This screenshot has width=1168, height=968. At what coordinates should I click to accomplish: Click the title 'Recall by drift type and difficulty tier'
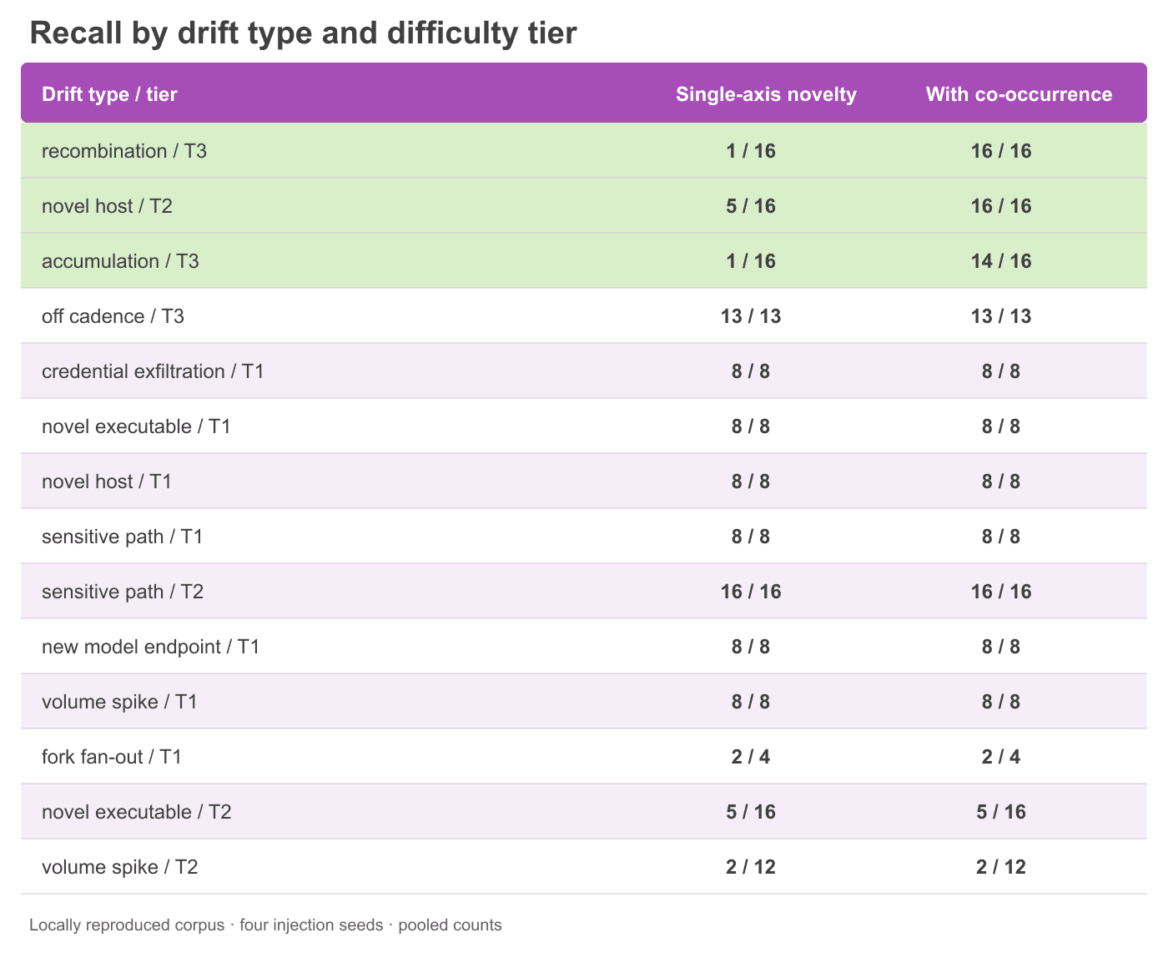point(303,33)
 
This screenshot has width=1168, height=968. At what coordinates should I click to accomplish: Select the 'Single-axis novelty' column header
point(766,94)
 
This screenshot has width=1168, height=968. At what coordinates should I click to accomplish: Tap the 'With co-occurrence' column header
point(1019,94)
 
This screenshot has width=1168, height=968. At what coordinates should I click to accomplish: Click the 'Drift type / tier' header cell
point(109,94)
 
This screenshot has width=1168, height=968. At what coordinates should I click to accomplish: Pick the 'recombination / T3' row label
point(124,151)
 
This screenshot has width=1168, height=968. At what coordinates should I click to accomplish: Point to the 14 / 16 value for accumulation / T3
point(1001,261)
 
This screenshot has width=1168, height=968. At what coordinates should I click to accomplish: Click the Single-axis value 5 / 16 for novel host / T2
point(751,206)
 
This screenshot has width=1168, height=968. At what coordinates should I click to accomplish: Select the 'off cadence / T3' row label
point(113,316)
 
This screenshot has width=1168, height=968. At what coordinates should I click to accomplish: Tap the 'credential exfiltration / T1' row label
point(153,371)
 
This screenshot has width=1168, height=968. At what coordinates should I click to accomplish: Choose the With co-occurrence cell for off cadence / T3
point(1001,316)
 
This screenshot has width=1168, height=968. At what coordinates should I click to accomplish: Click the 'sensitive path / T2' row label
point(123,592)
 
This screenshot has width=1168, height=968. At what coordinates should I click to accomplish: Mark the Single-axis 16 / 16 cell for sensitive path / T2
point(751,592)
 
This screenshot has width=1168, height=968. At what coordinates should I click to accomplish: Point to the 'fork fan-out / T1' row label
point(112,757)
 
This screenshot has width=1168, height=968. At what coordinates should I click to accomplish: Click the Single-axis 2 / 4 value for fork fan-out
point(751,757)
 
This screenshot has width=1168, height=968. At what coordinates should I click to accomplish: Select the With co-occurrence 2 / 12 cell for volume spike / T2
point(1001,867)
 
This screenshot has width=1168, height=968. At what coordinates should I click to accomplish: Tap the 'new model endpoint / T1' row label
point(150,646)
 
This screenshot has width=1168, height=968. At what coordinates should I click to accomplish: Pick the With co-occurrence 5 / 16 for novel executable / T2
point(1001,812)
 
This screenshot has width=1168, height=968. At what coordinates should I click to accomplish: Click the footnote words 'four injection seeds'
point(311,925)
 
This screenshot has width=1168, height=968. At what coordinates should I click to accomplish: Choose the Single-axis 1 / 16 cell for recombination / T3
point(751,151)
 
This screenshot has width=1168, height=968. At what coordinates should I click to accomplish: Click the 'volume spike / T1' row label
point(119,702)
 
